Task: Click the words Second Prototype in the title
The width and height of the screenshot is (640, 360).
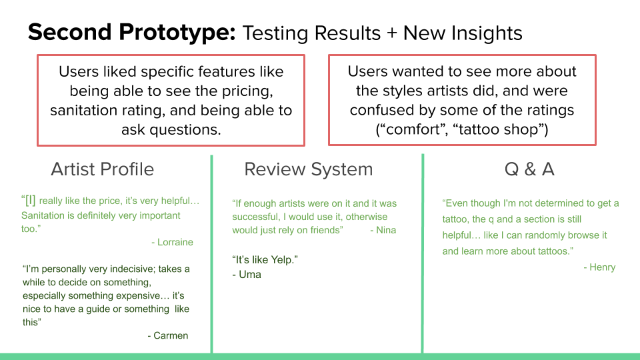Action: click(x=131, y=33)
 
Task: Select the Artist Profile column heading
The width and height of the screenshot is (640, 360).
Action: click(x=103, y=169)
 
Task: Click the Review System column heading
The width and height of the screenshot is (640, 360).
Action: click(x=309, y=169)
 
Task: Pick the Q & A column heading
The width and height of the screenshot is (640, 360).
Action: click(x=529, y=169)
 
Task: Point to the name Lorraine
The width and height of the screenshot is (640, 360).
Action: click(x=175, y=242)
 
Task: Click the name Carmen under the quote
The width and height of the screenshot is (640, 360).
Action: click(x=171, y=335)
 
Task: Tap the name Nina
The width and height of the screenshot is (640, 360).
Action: click(x=386, y=230)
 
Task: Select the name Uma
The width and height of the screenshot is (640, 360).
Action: click(x=250, y=274)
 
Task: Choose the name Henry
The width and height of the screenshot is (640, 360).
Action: click(x=603, y=267)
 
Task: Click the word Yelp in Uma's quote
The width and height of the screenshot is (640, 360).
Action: click(x=283, y=260)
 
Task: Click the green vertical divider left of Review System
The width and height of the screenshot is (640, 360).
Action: click(x=212, y=254)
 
